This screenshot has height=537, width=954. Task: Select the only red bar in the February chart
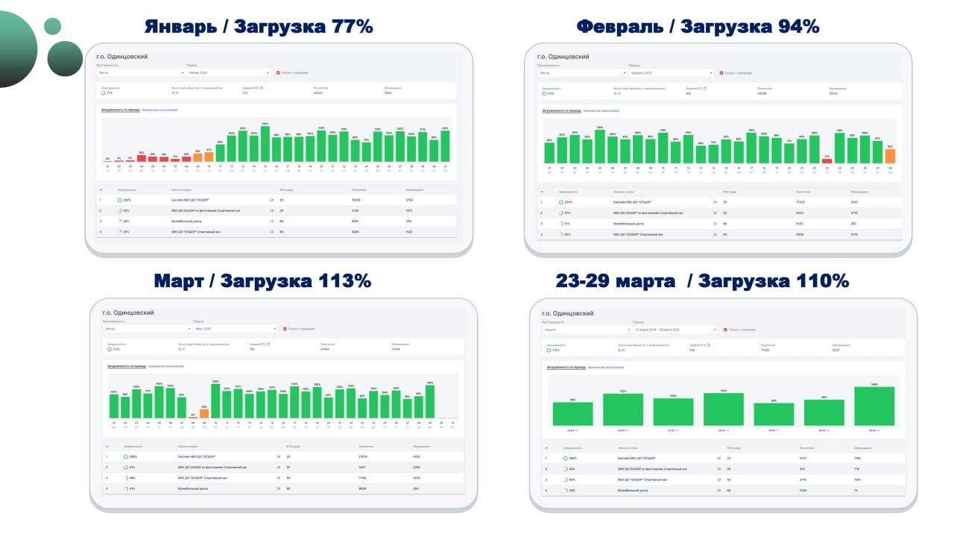coord(827,160)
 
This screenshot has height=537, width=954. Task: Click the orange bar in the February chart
coord(890,156)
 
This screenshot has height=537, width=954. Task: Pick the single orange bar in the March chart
coord(204,413)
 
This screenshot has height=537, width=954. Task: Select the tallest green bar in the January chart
coord(265,144)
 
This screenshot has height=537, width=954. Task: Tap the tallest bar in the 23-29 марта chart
coord(874,406)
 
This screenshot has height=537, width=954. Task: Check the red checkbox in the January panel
coord(278,73)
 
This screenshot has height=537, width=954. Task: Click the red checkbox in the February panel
coord(721,73)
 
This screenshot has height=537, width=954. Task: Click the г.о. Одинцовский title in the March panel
coord(128,313)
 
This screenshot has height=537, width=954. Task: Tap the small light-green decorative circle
coord(52,26)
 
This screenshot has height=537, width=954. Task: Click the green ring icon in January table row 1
coord(119,201)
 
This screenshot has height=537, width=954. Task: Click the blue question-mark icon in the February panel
coord(705,88)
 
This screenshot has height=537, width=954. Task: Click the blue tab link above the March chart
coord(165,366)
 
